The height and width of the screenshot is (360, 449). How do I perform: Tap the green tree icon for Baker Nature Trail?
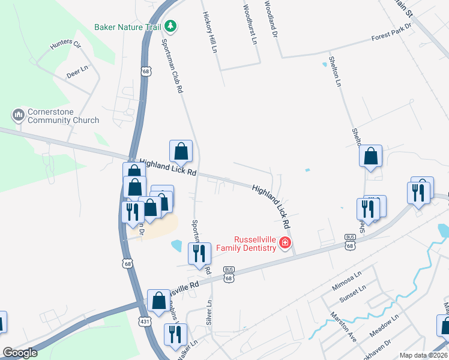[x=171, y=26]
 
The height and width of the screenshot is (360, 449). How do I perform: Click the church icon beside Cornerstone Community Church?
[x=18, y=114]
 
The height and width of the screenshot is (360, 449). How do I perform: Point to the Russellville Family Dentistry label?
[x=246, y=242]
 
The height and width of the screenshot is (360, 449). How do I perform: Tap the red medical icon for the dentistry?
[x=285, y=243]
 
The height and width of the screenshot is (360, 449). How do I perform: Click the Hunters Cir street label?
[x=66, y=44]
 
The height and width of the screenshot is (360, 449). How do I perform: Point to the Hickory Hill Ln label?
[x=210, y=32]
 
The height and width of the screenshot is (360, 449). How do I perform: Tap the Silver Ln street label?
[x=209, y=312]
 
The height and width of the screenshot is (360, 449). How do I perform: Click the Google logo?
[x=20, y=353]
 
